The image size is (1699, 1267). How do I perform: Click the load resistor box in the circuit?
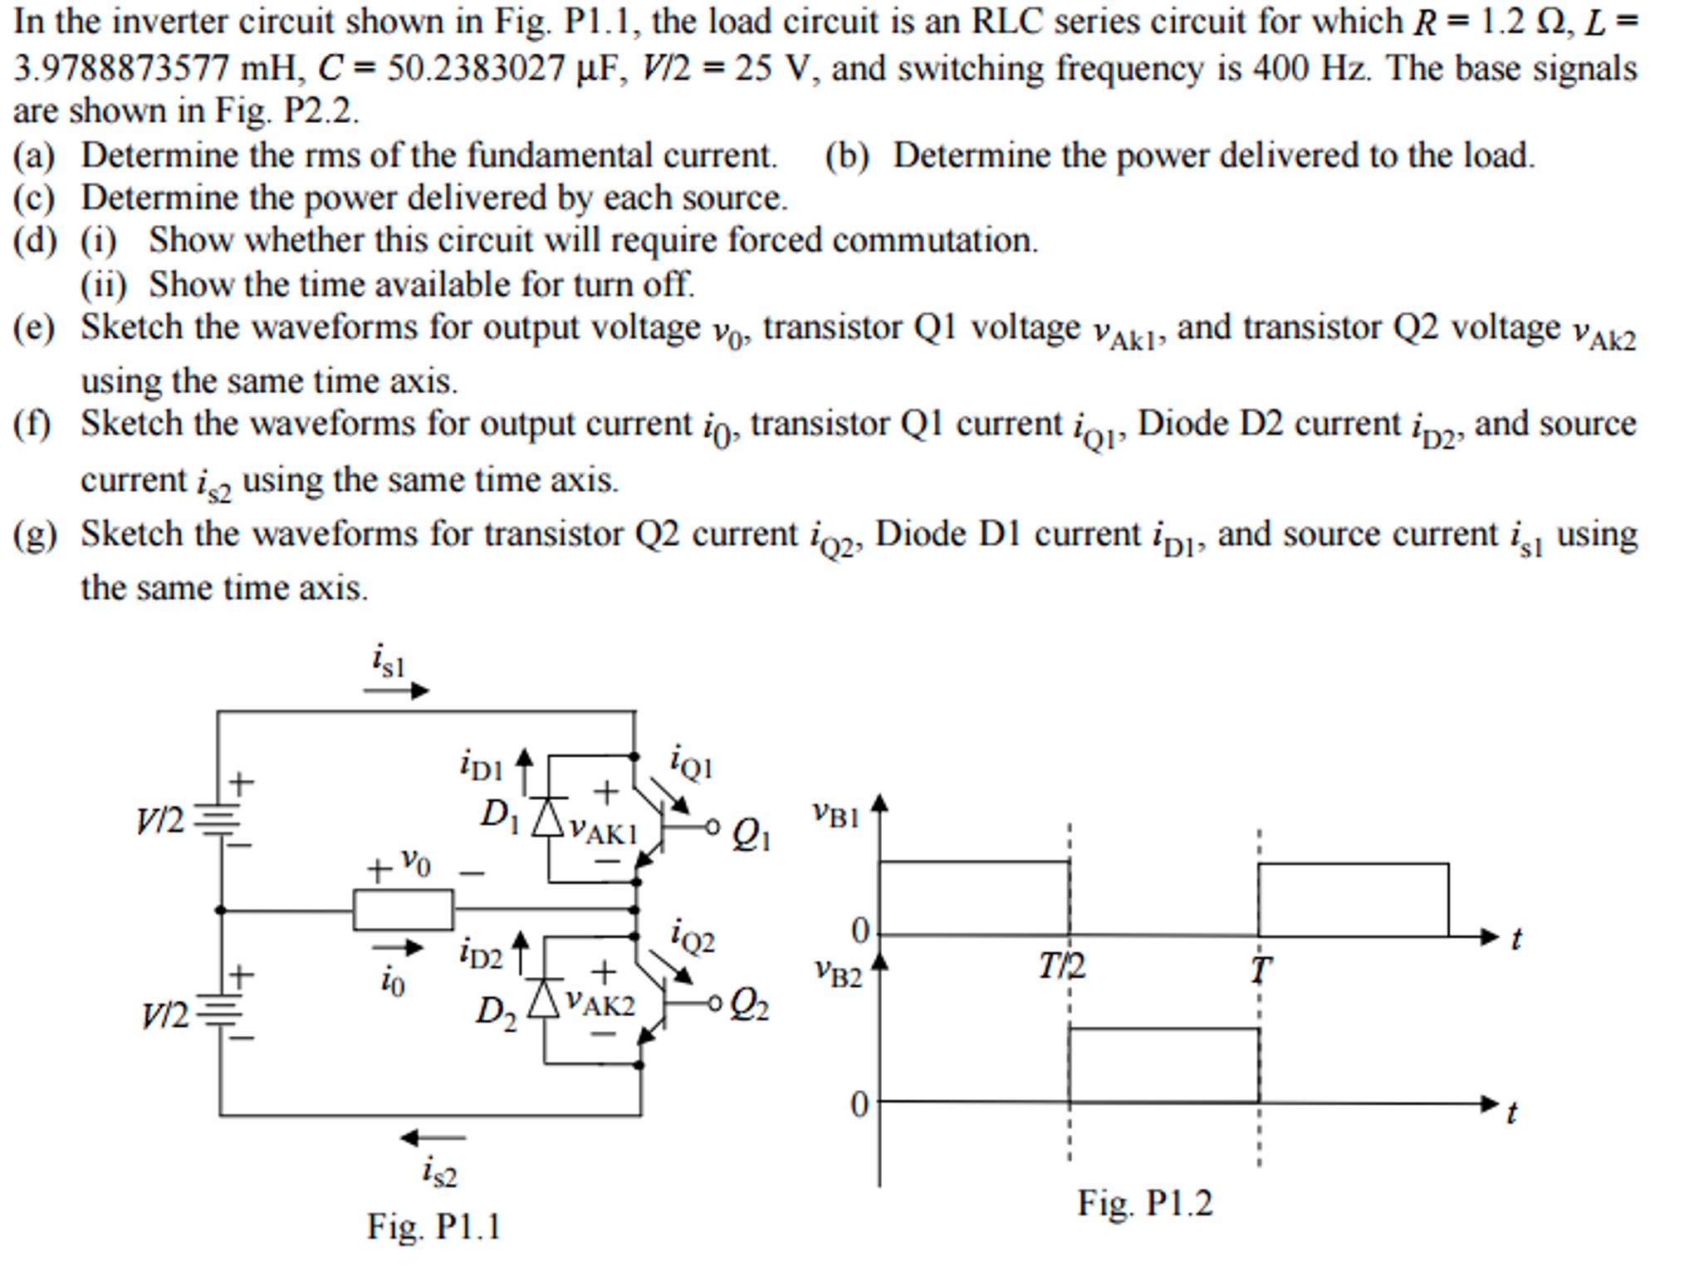[x=403, y=909]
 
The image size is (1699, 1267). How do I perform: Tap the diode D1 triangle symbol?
[x=548, y=818]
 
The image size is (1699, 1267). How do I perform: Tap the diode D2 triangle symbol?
[x=544, y=998]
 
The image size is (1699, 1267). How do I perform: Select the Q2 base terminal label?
[x=749, y=1006]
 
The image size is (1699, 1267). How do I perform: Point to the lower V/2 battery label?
[x=164, y=1014]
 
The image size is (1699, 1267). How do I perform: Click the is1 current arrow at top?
[x=396, y=690]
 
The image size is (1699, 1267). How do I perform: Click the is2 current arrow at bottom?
[x=433, y=1137]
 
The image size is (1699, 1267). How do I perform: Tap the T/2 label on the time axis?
[x=1061, y=966]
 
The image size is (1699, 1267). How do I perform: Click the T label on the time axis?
[x=1260, y=970]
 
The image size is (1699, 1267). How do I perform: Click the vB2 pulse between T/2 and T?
[x=1163, y=1064]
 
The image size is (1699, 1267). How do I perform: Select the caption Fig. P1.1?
[x=433, y=1226]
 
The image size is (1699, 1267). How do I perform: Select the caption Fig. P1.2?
[x=1144, y=1202]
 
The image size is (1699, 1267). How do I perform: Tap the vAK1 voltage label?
[x=602, y=830]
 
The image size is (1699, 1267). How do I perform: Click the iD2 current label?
[x=482, y=955]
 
